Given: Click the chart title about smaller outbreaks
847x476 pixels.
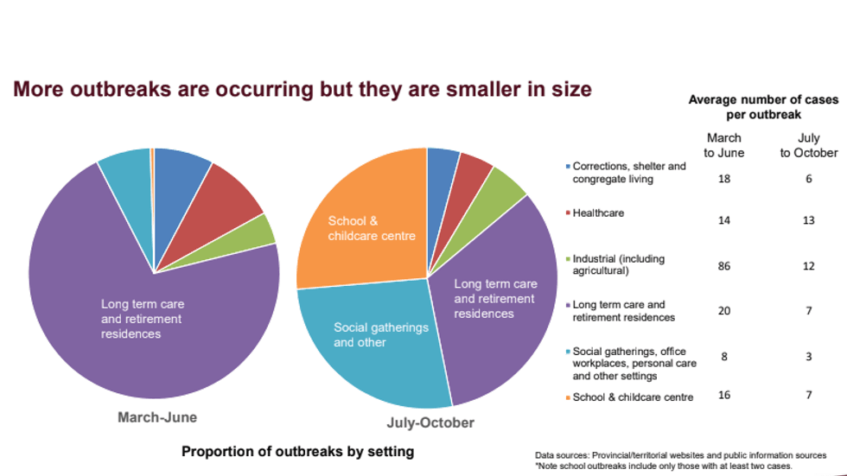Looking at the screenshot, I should (302, 90).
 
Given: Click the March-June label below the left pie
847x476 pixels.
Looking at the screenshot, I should (157, 417).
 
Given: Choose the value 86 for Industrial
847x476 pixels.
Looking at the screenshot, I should (723, 266).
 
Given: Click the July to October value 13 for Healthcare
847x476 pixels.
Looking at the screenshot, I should (808, 220).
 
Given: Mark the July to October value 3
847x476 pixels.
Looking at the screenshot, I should (808, 357).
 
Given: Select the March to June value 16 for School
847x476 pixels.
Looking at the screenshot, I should (723, 394).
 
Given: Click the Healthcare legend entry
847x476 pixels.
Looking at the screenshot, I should (598, 213).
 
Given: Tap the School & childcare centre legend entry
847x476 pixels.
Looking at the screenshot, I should (633, 397).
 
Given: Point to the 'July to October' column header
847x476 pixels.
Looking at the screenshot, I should (809, 145).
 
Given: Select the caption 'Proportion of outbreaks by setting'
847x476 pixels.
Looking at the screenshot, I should (297, 451).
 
